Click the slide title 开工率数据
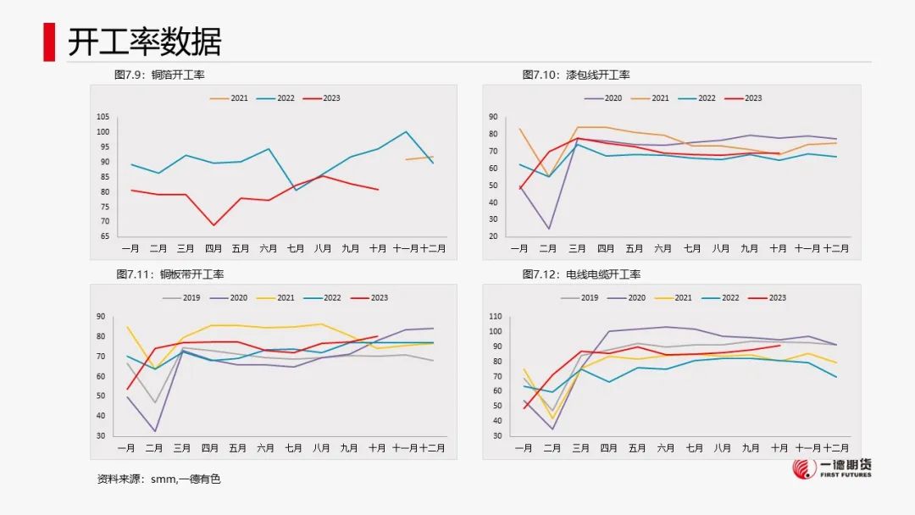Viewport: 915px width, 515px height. (144, 42)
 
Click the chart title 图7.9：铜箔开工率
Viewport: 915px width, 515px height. (159, 75)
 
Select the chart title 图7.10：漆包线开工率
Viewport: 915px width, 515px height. (575, 75)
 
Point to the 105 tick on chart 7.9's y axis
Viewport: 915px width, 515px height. (103, 117)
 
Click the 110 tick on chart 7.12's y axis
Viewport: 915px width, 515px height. (496, 317)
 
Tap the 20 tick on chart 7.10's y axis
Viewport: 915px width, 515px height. (493, 235)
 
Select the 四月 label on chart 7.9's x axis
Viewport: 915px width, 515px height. (213, 248)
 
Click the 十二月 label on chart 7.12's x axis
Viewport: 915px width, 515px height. (835, 448)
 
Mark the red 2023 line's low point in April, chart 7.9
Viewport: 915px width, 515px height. (213, 224)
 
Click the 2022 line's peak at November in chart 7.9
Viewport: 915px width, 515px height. (406, 131)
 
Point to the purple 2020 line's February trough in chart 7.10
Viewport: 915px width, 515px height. (549, 229)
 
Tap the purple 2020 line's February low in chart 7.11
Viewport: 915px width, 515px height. (155, 431)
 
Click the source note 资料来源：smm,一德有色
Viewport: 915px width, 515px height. (158, 479)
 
